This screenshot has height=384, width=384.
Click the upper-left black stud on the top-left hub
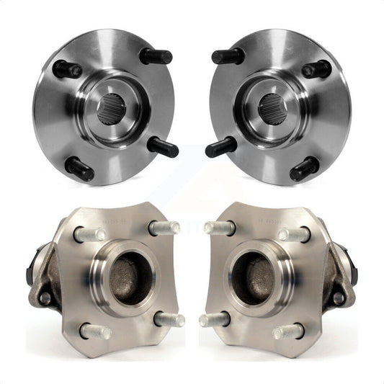pyautogui.click(x=67, y=69)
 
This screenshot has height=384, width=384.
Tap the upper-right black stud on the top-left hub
pyautogui.click(x=157, y=56)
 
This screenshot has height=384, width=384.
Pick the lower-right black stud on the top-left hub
pyautogui.click(x=164, y=147)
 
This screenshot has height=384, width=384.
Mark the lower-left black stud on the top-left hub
pyautogui.click(x=79, y=169)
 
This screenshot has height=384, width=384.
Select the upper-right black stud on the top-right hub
pyautogui.click(x=317, y=69)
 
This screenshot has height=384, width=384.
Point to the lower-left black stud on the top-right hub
pyautogui.click(x=220, y=147)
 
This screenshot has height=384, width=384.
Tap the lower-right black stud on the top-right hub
pyautogui.click(x=305, y=169)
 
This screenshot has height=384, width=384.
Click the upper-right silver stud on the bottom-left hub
pyautogui.click(x=164, y=228)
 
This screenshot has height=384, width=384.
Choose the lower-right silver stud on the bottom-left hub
pyautogui.click(x=169, y=318)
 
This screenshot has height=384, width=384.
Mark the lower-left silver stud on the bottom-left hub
pyautogui.click(x=97, y=331)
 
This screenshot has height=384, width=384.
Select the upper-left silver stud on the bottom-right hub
pyautogui.click(x=219, y=228)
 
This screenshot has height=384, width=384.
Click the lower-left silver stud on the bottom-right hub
pyautogui.click(x=214, y=318)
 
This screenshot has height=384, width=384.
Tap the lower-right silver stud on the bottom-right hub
pyautogui.click(x=288, y=331)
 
